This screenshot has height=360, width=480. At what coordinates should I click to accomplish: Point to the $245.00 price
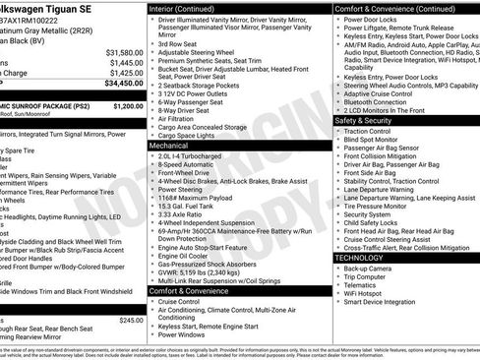tap(131, 320)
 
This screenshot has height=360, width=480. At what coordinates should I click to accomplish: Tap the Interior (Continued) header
tap(189, 8)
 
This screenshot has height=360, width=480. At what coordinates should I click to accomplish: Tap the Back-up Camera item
tap(369, 268)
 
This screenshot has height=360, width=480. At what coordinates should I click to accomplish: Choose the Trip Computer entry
tap(369, 275)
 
